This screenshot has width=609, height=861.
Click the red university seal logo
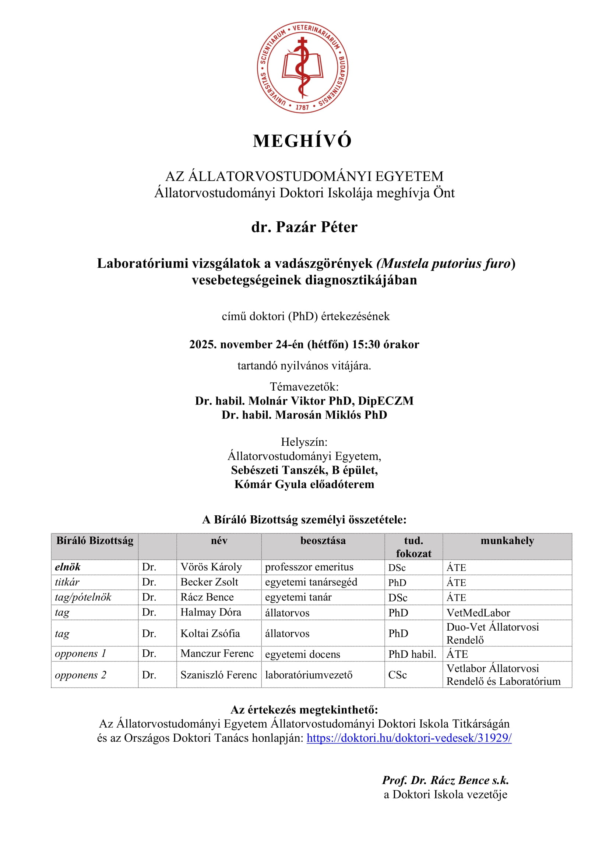tap(302, 67)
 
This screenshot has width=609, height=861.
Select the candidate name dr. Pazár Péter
tap(304, 227)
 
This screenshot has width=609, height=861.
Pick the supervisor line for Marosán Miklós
tap(304, 415)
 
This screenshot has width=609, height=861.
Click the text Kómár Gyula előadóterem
tap(304, 484)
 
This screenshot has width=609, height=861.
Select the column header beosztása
tap(323, 541)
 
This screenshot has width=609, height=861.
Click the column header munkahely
tap(507, 541)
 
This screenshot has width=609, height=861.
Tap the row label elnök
tap(68, 567)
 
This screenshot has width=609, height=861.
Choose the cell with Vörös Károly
tap(211, 567)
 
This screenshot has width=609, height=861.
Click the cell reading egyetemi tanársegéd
tap(311, 582)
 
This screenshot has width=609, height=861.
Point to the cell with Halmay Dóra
tap(211, 613)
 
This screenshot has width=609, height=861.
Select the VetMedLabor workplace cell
tap(478, 613)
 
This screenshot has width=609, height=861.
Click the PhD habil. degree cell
tap(412, 654)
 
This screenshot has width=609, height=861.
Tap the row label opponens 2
tap(81, 675)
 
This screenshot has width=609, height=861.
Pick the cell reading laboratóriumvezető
tap(309, 675)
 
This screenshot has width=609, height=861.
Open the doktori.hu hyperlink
tap(409, 738)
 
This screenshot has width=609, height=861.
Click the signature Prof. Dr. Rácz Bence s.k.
tap(445, 780)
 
